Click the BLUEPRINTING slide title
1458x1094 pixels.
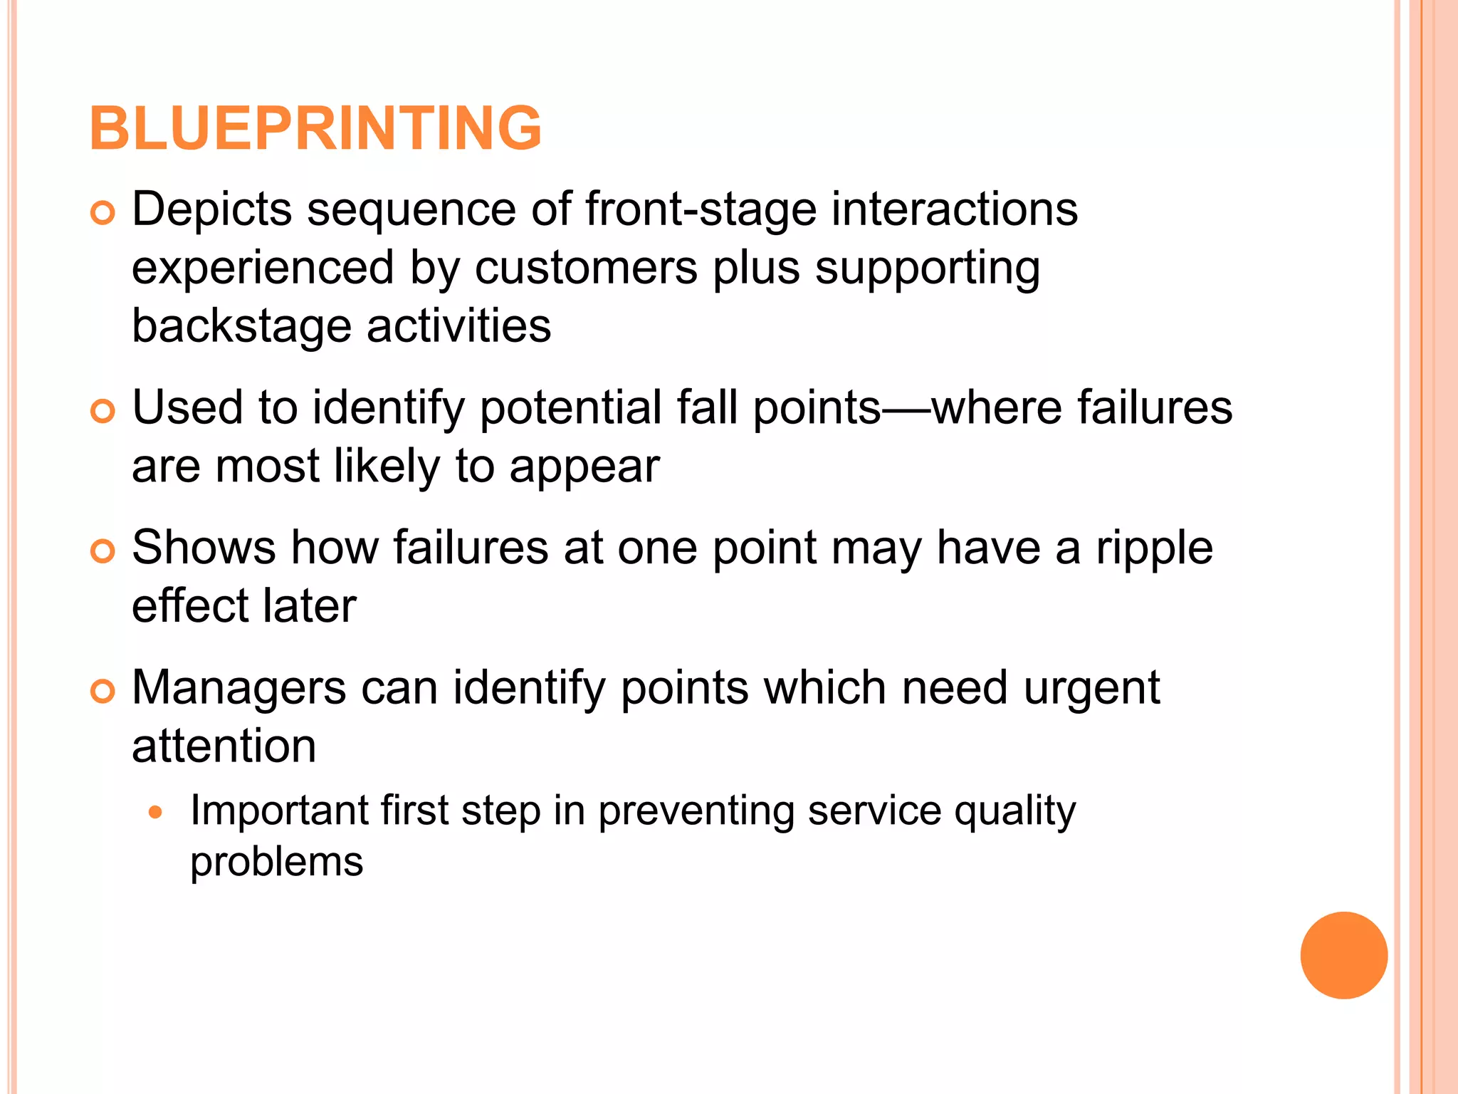click(x=315, y=128)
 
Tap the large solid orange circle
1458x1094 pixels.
click(x=1343, y=955)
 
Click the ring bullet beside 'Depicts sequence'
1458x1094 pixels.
click(x=103, y=213)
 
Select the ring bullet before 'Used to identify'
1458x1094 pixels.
click(x=103, y=411)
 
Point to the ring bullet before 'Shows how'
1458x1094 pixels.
click(x=103, y=551)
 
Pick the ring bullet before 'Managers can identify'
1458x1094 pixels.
click(x=103, y=692)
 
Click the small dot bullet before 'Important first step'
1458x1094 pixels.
click(x=156, y=812)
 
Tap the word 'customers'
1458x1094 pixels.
click(x=586, y=268)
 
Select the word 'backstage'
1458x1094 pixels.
click(x=241, y=326)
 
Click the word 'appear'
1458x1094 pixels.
click(x=584, y=467)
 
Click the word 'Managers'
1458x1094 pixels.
click(x=238, y=688)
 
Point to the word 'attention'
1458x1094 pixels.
click(x=224, y=746)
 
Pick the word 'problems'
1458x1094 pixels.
click(x=276, y=863)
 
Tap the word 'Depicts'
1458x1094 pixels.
click(x=211, y=209)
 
